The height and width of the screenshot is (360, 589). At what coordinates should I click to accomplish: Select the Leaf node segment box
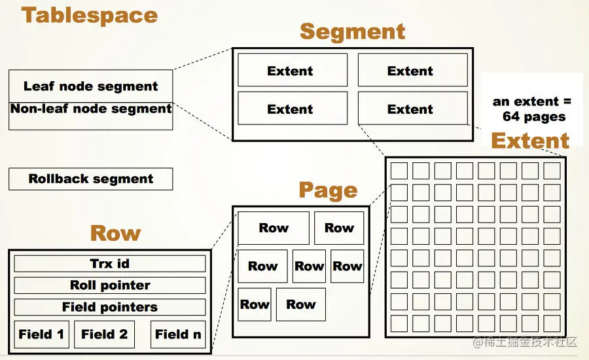click(x=91, y=86)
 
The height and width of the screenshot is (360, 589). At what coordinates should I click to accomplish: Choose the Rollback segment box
click(x=91, y=179)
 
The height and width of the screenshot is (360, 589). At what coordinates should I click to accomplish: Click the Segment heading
click(x=352, y=31)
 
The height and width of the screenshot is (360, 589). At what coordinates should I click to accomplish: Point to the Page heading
click(x=328, y=190)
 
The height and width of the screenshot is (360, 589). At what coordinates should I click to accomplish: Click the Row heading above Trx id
click(x=115, y=233)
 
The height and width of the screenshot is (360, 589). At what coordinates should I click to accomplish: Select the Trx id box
click(x=110, y=264)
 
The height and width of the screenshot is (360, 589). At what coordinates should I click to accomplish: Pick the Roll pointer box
click(x=110, y=285)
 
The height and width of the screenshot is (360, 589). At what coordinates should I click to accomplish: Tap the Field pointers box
click(x=110, y=307)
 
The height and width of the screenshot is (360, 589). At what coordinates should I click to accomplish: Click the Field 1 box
click(x=41, y=334)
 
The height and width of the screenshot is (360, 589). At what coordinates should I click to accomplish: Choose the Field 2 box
click(x=105, y=334)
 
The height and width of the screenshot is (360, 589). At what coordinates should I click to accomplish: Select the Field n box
click(x=178, y=334)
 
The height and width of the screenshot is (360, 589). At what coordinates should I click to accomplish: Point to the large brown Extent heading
click(x=530, y=141)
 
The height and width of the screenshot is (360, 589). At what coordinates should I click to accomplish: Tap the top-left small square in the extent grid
click(x=399, y=171)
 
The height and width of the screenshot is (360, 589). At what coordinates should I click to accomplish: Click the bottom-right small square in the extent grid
click(x=552, y=323)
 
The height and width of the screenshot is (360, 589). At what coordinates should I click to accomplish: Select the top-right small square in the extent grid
click(x=552, y=171)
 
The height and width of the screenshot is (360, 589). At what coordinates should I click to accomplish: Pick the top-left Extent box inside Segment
click(x=292, y=71)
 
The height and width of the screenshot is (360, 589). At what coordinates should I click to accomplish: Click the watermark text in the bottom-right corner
click(x=527, y=342)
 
